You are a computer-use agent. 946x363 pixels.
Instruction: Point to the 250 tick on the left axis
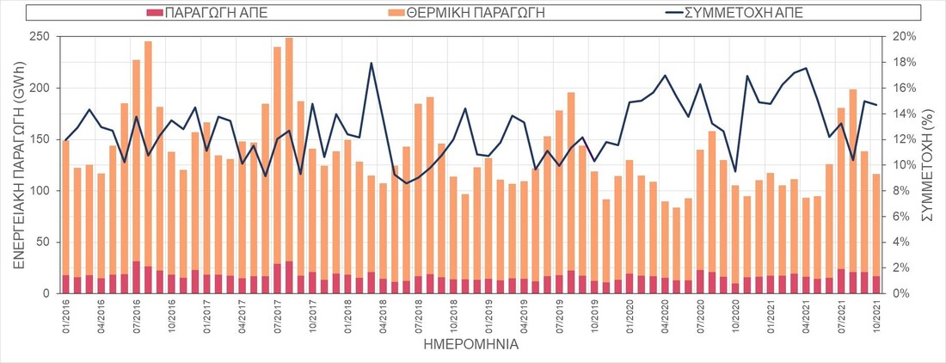click(40, 36)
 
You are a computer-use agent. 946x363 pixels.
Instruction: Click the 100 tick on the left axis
click(40, 190)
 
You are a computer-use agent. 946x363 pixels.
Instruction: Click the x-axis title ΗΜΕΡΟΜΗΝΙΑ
click(471, 346)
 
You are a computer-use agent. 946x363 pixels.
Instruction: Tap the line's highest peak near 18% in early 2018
click(371, 63)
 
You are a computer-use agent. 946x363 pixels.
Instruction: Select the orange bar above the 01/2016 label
click(66, 206)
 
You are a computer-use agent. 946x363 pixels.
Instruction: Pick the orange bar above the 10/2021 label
click(876, 224)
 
